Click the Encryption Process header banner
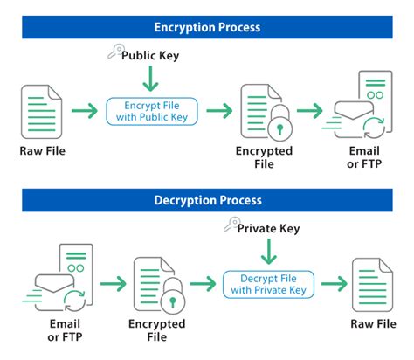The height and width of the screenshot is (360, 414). [207, 26]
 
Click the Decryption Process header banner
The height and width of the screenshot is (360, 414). [207, 199]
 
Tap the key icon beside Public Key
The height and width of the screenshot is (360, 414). [112, 52]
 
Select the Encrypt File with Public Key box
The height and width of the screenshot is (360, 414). [151, 110]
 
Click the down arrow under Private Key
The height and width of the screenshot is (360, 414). [268, 253]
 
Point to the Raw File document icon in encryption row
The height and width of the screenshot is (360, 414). [42, 111]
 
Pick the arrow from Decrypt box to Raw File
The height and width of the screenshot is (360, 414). [333, 284]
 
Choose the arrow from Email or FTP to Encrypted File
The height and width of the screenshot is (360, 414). [114, 284]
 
